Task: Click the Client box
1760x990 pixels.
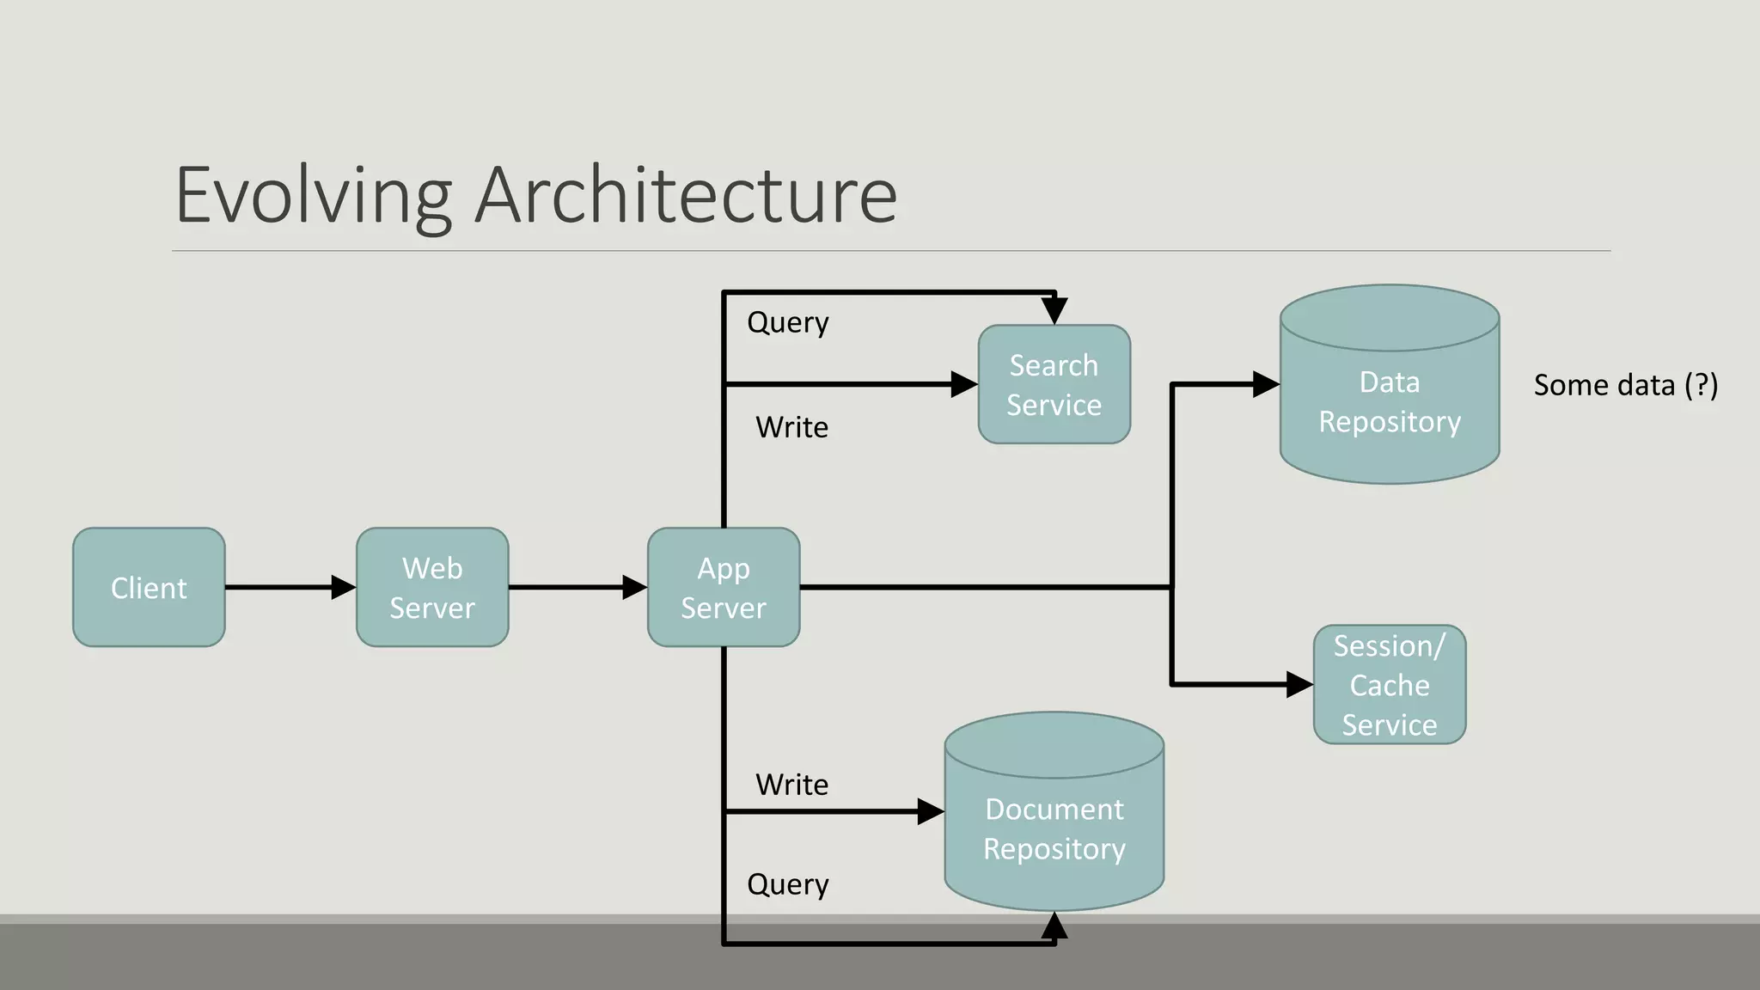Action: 149,588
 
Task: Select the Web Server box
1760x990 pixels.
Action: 432,588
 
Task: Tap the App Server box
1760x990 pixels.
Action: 724,588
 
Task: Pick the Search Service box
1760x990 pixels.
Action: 1054,385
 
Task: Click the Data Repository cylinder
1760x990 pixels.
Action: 1390,402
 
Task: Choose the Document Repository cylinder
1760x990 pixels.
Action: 1054,828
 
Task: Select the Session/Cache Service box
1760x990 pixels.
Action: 1390,685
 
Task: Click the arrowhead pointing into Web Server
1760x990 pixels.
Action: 344,588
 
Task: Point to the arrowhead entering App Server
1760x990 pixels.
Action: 634,588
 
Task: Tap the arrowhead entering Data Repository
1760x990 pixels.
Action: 1266,384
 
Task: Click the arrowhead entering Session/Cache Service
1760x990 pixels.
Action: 1299,685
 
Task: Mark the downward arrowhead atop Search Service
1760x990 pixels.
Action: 1054,310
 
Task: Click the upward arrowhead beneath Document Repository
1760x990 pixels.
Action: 1054,926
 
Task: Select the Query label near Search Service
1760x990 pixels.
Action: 788,323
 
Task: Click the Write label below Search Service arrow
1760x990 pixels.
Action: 791,427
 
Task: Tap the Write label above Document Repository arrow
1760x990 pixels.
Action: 791,785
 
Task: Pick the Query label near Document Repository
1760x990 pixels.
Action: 788,885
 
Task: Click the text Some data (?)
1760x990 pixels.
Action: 1625,385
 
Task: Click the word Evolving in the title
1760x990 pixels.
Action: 314,196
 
